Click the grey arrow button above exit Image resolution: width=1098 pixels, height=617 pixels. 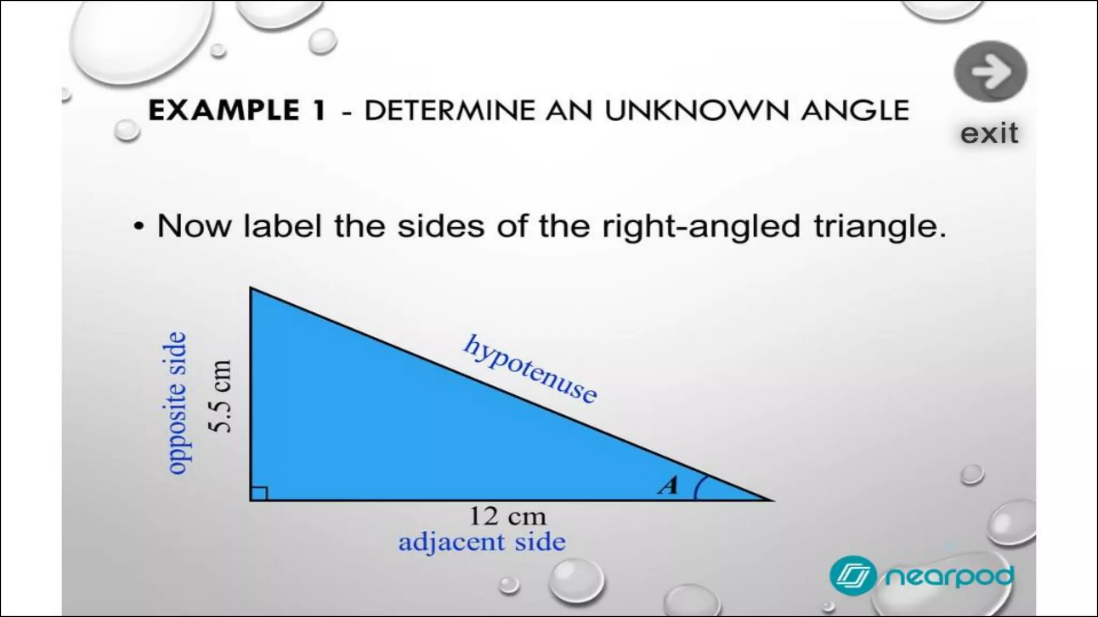point(990,72)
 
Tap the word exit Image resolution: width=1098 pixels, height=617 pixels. point(989,133)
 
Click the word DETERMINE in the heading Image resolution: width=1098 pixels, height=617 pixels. point(449,110)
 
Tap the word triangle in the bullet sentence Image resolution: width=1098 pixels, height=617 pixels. point(880,227)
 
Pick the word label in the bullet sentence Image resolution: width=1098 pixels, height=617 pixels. point(282,226)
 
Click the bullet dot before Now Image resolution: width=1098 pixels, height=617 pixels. point(139,227)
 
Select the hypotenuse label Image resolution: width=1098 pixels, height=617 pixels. point(530,368)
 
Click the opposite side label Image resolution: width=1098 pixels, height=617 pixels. point(176,403)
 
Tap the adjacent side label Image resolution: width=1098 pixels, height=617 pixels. point(481,542)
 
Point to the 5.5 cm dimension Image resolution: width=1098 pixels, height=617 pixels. point(220,396)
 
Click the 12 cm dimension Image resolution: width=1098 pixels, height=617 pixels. point(507,516)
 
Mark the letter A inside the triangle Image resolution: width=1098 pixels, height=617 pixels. point(669,485)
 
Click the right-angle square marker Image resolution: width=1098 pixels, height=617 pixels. point(259,493)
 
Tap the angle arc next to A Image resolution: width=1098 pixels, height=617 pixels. point(698,487)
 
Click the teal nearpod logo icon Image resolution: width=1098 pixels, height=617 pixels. point(852,576)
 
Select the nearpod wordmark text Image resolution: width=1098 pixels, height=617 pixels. point(949,576)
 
